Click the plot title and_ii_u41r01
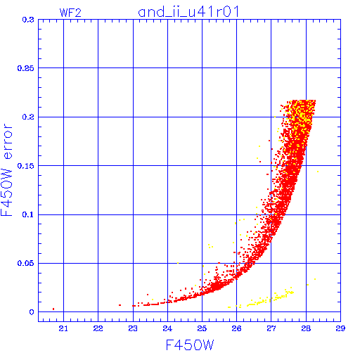coord(188,12)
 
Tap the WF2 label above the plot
coord(70,13)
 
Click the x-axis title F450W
coord(190,345)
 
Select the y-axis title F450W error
coord(6,170)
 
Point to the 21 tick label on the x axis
coord(63,328)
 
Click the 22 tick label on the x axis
coord(98,328)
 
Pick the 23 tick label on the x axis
coord(133,328)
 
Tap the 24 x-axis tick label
coord(167,328)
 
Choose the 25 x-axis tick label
coord(202,328)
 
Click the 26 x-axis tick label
coord(236,328)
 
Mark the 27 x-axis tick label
coord(271,328)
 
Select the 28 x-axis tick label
coord(306,328)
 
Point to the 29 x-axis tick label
coord(340,328)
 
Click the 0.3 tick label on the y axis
coord(28,20)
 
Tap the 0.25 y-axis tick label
coord(26,68)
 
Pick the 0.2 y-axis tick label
coord(28,117)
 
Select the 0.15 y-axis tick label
coord(26,166)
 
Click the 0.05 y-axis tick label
coord(26,263)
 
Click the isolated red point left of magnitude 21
coord(53,309)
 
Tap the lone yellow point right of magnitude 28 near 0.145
coord(318,172)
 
